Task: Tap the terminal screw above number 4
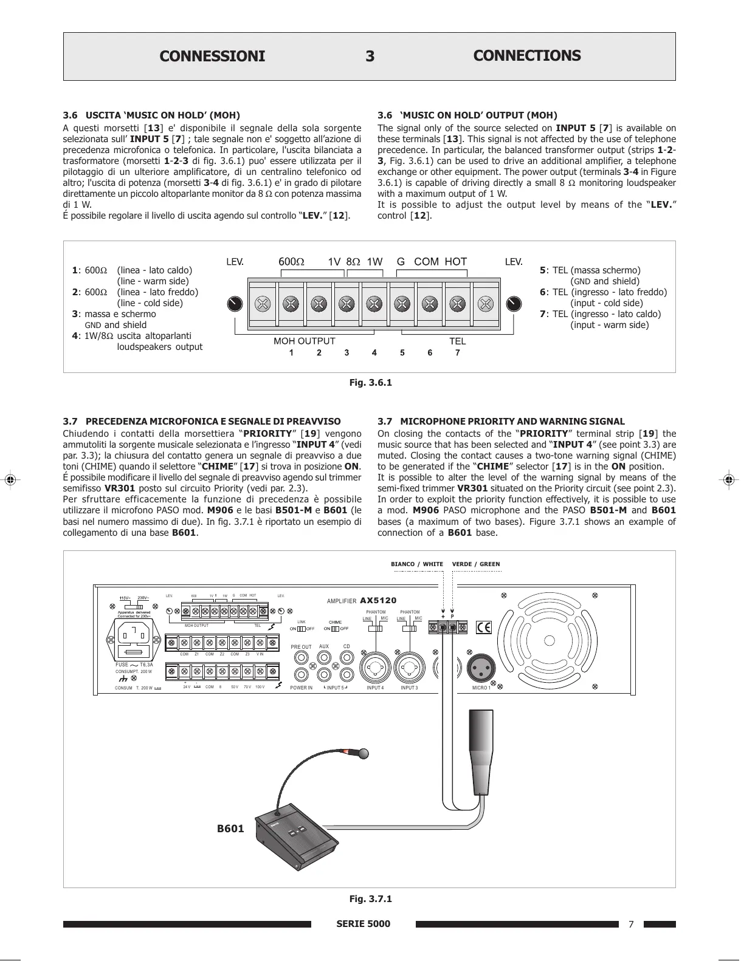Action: (374, 304)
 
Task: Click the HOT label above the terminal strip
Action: (455, 262)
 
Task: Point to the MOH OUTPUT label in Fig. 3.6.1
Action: (304, 341)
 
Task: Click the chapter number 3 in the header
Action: (370, 56)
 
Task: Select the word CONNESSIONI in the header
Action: (212, 56)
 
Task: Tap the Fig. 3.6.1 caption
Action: (370, 383)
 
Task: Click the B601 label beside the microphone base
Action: (230, 829)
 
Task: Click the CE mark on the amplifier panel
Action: (484, 628)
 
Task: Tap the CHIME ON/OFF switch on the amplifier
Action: (335, 629)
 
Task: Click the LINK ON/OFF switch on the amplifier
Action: (301, 629)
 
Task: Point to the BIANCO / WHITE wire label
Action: (416, 564)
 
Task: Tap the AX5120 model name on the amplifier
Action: (378, 601)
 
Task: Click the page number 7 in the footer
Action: (630, 925)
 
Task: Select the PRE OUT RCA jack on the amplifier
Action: (302, 657)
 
